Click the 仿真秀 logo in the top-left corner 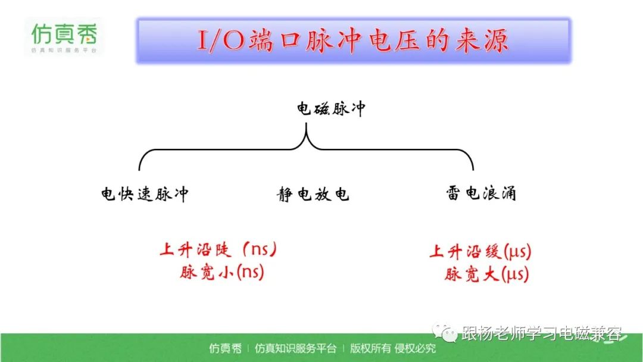tap(64, 37)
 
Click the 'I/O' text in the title tap(221, 40)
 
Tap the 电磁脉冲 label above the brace tap(331, 109)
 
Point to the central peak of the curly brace tap(306, 124)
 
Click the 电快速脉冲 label tap(145, 194)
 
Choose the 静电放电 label tap(313, 194)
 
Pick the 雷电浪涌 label tap(481, 193)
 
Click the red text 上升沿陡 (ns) tap(219, 249)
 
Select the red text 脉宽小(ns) tap(222, 272)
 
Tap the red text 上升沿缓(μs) tap(480, 251)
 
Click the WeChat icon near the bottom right tap(445, 332)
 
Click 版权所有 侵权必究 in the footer tap(392, 348)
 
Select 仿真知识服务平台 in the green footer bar tap(295, 348)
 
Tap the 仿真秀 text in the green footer tap(225, 348)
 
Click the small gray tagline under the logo tap(64, 51)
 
